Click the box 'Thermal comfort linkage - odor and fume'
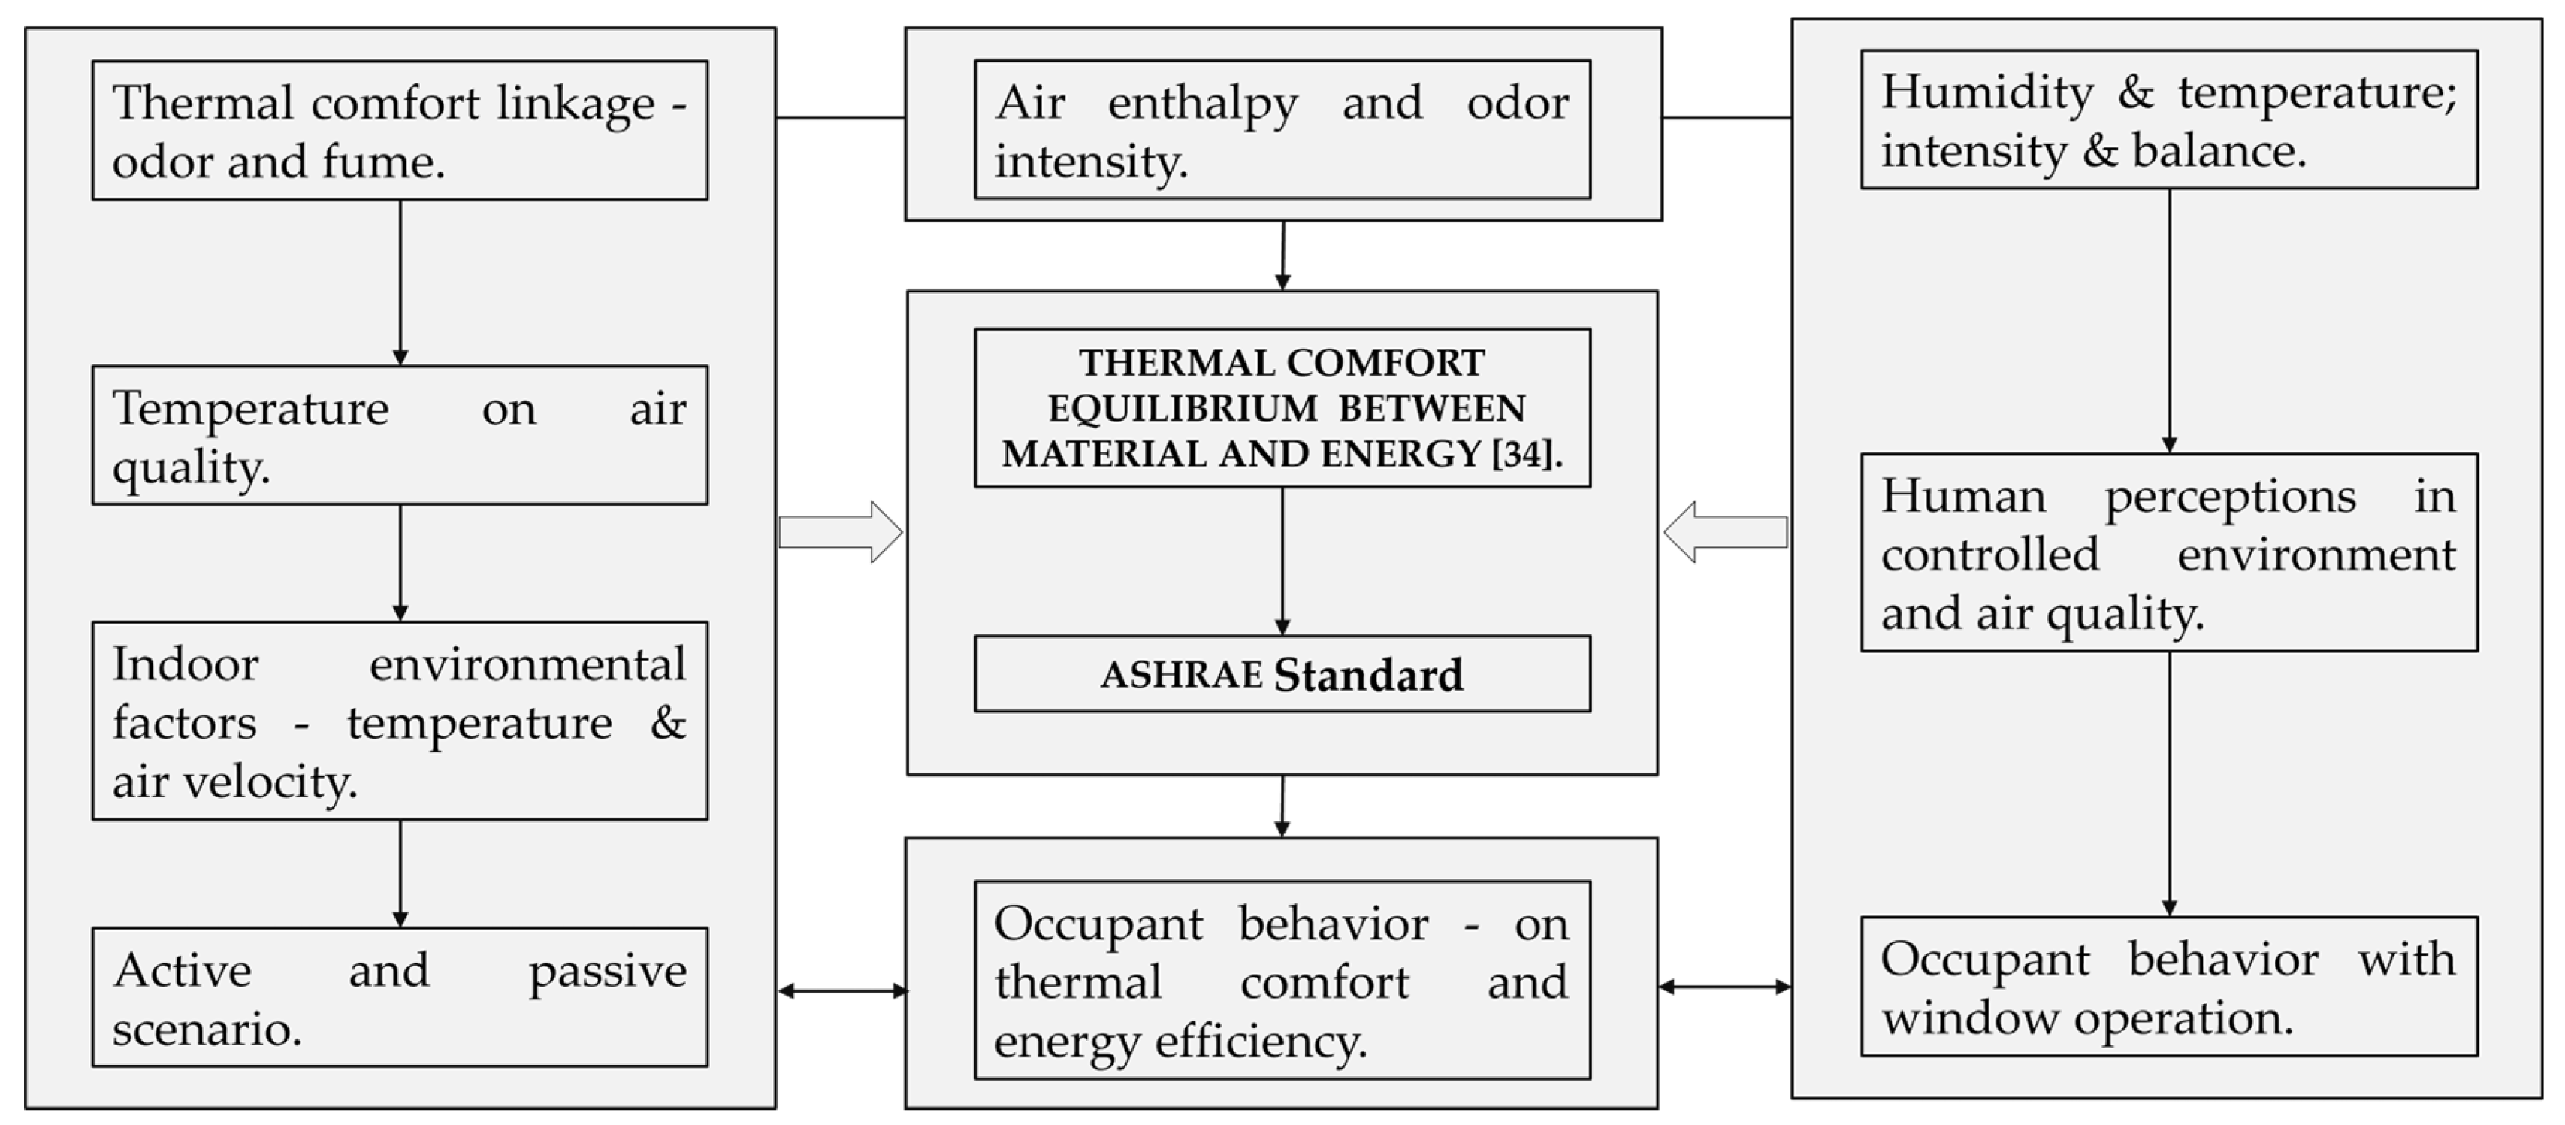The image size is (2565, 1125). (399, 131)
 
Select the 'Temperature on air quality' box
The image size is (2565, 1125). (399, 435)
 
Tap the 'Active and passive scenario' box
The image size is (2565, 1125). (399, 996)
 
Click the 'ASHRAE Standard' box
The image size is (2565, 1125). (1282, 674)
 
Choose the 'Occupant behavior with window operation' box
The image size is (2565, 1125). (2169, 986)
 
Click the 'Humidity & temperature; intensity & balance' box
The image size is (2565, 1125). (2169, 119)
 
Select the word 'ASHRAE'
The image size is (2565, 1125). (1181, 675)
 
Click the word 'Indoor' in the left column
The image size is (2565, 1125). (186, 664)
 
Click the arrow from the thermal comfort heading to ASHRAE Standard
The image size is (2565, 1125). (1282, 561)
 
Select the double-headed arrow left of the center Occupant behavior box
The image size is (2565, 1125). (842, 990)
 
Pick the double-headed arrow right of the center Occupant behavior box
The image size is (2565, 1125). (1724, 987)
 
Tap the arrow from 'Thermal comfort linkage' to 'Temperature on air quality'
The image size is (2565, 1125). (400, 282)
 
